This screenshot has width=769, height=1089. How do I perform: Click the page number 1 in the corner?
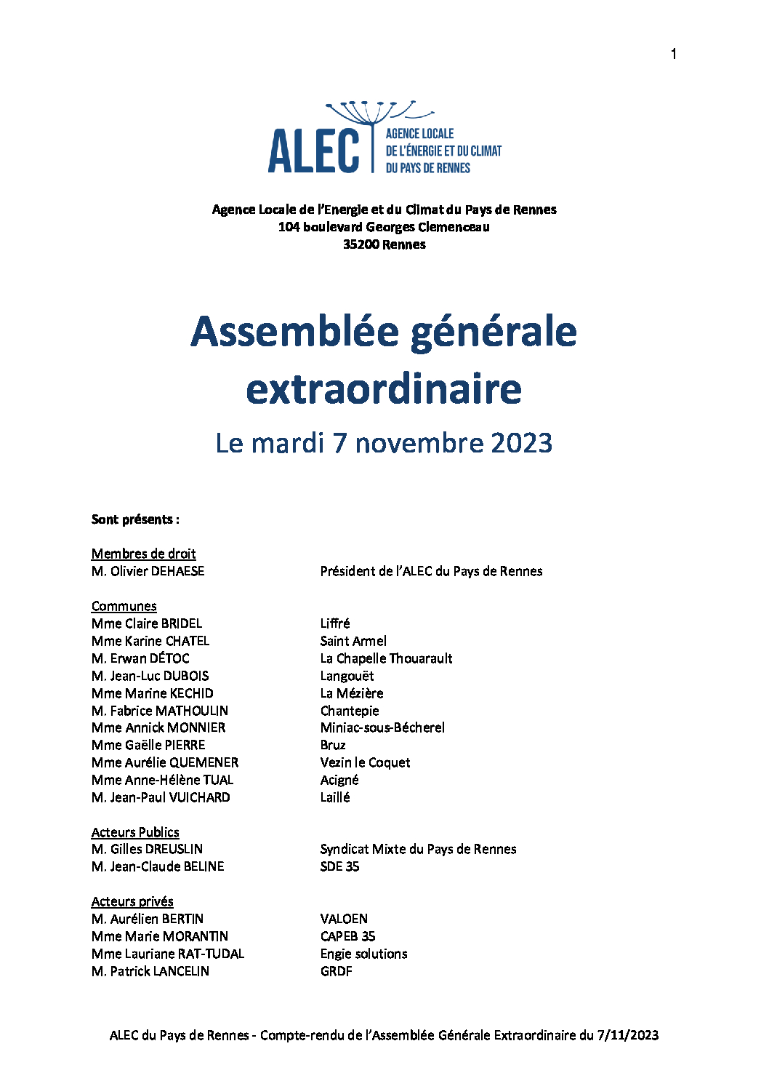click(674, 54)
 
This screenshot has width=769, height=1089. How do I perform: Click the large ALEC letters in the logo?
click(314, 151)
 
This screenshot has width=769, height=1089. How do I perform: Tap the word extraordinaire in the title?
click(384, 389)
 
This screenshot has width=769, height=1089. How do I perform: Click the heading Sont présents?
click(135, 519)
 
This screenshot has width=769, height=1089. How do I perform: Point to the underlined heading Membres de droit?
click(143, 554)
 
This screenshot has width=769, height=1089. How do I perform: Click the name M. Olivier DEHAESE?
click(148, 571)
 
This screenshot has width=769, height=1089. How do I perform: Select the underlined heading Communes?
click(124, 606)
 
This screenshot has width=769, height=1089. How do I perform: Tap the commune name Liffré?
click(335, 623)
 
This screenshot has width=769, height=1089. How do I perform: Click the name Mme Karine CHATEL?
click(150, 641)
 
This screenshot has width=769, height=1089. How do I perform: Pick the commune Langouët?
click(347, 676)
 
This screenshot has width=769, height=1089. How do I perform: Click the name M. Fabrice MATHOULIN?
click(160, 711)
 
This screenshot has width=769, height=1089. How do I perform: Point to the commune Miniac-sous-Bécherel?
click(382, 727)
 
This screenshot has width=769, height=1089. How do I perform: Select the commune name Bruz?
click(333, 745)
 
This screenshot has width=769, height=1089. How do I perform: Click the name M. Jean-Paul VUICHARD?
click(161, 797)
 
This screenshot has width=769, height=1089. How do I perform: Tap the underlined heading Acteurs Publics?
click(135, 832)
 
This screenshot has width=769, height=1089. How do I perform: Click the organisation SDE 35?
click(339, 866)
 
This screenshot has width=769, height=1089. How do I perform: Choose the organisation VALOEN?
click(344, 919)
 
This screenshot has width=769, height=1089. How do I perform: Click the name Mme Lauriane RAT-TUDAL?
click(168, 954)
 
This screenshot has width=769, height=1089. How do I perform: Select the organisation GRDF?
click(336, 971)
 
